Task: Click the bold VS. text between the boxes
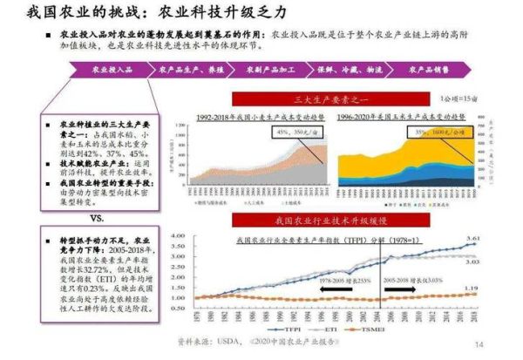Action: pos(98,217)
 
